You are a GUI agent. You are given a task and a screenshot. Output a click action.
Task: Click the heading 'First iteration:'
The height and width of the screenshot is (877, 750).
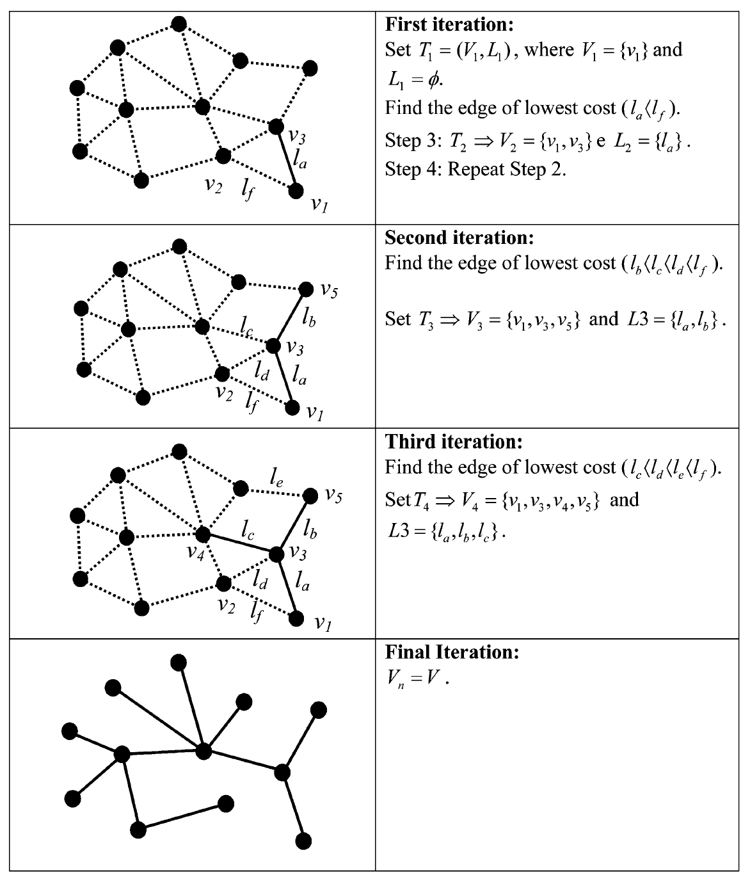[449, 25]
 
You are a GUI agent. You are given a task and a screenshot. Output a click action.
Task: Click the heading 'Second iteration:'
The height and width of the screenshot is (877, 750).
[459, 237]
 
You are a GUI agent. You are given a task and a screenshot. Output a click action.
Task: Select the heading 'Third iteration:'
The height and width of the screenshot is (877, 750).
[454, 442]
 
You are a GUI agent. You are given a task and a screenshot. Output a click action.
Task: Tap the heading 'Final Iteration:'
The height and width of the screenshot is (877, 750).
[452, 652]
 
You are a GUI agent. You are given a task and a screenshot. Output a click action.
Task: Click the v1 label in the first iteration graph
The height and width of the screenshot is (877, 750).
[319, 205]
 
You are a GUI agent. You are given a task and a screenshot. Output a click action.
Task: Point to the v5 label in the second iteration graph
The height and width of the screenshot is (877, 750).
[329, 292]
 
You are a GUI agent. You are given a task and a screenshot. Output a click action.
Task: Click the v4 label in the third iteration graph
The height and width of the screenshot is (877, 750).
[195, 552]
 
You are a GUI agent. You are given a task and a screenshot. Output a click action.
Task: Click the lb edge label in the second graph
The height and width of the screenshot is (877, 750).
[308, 316]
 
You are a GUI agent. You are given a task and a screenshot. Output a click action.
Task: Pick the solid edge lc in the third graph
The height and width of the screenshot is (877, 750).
[239, 543]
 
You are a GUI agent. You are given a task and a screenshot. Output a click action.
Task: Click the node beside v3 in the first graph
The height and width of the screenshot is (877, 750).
[276, 127]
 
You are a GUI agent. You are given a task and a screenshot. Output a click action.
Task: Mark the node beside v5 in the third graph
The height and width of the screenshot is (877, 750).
[310, 495]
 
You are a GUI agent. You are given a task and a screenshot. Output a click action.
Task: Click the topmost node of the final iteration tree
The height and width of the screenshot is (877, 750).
[179, 661]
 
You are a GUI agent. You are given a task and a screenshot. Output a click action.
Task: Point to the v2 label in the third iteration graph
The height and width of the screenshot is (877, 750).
[226, 605]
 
